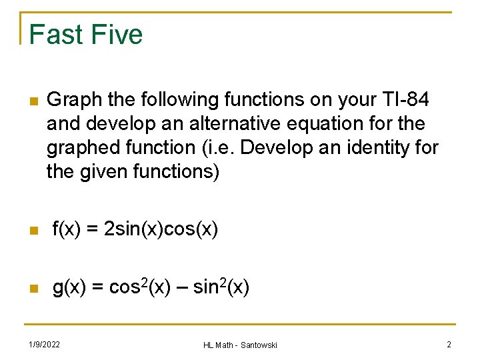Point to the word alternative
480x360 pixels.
pos(227,124)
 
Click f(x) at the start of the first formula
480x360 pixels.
pos(68,229)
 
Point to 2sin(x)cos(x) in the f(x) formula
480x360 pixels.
pos(162,229)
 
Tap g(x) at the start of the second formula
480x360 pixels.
pos(69,287)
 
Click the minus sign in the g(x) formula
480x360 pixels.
pos(181,288)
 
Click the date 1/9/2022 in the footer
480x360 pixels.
pos(44,344)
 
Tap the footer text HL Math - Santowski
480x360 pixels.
pos(240,345)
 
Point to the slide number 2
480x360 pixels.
pos(449,344)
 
